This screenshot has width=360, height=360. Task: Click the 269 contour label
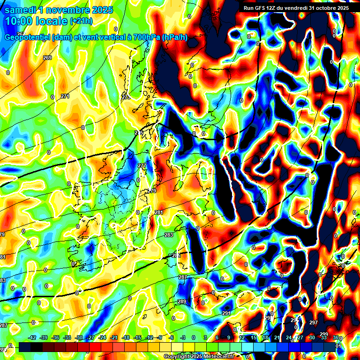click(47, 58)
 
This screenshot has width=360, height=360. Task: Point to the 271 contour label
click(65, 96)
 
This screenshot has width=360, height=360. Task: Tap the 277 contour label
click(142, 166)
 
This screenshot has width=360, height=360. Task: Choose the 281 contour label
click(158, 213)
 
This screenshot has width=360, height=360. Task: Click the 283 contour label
click(168, 235)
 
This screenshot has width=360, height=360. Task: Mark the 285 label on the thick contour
click(176, 255)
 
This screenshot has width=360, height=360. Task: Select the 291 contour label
click(226, 313)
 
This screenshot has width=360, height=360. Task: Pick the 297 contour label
click(314, 322)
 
